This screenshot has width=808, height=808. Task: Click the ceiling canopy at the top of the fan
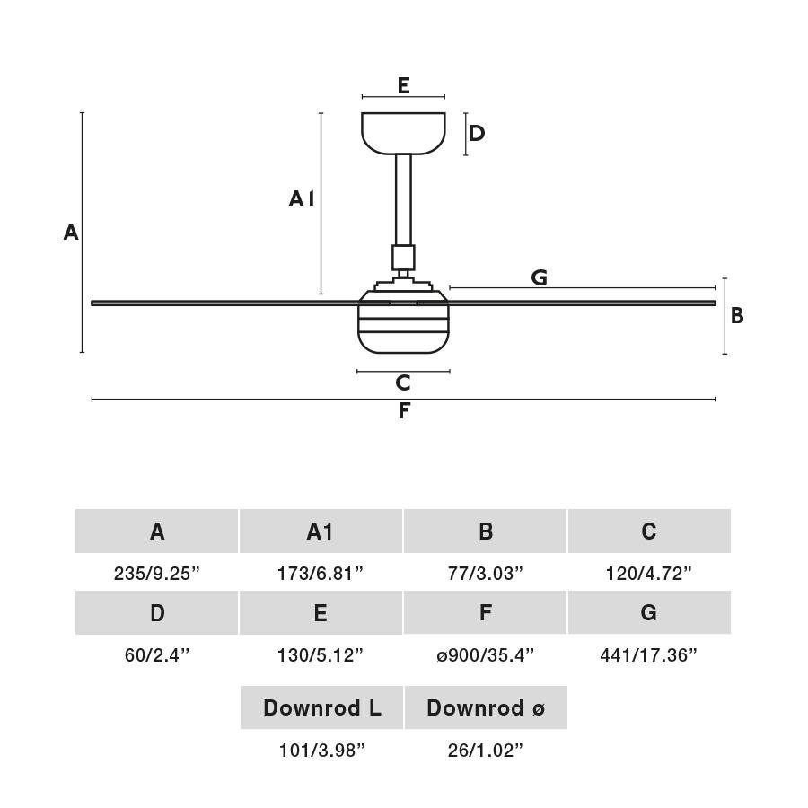click(403, 133)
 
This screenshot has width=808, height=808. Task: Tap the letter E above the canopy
click(403, 85)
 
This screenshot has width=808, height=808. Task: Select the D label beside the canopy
click(477, 134)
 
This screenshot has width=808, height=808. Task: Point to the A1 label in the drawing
click(302, 199)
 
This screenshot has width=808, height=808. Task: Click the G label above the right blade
click(539, 277)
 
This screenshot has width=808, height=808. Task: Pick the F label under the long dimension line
click(404, 410)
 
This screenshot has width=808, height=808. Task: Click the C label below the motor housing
click(403, 382)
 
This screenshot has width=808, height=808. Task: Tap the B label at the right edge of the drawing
click(737, 315)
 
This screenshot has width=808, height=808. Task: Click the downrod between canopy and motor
click(403, 199)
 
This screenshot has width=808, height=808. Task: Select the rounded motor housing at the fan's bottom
click(403, 322)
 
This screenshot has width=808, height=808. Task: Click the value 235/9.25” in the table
click(156, 573)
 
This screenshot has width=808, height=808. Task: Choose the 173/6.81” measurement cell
click(321, 573)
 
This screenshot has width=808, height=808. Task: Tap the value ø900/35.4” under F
click(485, 655)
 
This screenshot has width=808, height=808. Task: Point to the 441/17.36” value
click(649, 655)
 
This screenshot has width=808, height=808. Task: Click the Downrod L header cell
click(321, 707)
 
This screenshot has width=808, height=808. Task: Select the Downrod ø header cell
click(486, 707)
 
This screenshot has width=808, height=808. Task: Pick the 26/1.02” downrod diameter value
click(485, 751)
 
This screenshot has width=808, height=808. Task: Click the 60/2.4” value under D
click(156, 655)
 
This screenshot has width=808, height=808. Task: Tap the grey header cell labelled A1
click(321, 531)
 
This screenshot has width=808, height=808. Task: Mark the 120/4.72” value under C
click(649, 573)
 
